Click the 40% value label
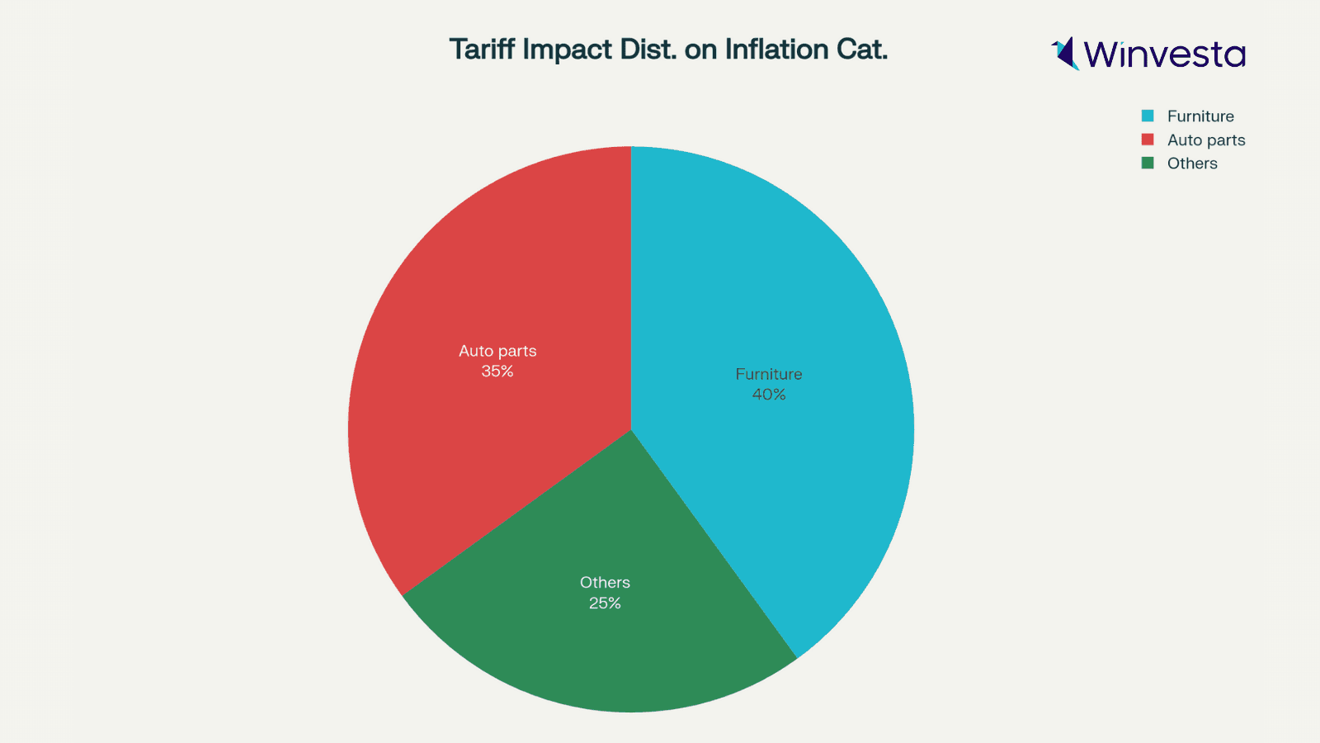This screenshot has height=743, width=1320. (768, 395)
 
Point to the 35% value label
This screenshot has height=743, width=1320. (497, 371)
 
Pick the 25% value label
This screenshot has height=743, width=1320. (605, 603)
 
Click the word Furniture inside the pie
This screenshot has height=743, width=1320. (768, 374)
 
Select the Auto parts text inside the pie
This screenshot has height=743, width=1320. (497, 351)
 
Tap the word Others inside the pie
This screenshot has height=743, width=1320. (605, 583)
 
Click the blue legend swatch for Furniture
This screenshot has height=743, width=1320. (1148, 116)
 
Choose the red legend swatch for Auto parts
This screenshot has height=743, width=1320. (1148, 140)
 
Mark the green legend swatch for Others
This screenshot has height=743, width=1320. (1148, 163)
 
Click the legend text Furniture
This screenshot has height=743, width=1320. (1200, 116)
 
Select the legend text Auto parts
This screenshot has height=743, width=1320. (1206, 140)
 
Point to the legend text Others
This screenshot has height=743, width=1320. (1192, 163)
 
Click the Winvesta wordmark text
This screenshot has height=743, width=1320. (1164, 54)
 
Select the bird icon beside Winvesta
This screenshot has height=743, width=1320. (1066, 54)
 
